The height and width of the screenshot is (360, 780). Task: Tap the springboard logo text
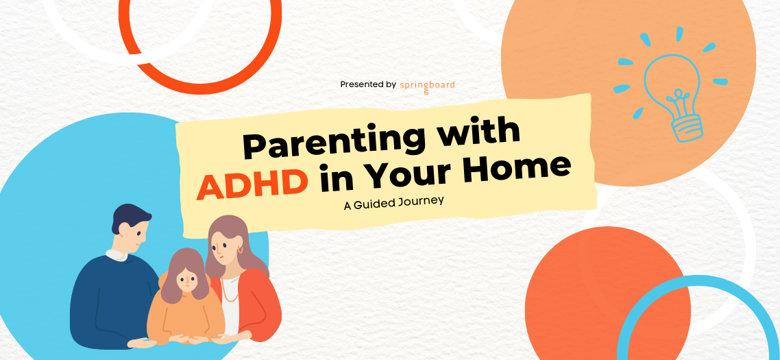pos(427,86)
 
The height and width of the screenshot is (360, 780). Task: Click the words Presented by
pos(368,84)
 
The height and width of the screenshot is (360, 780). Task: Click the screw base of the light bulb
pos(687,126)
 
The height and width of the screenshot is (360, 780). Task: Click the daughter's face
pos(186,280)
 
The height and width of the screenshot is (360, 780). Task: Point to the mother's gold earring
pos(241,249)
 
